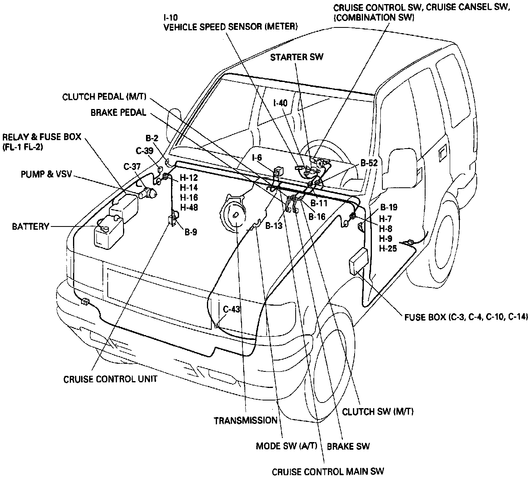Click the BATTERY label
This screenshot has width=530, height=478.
point(30,226)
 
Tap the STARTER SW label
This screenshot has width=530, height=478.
point(296,57)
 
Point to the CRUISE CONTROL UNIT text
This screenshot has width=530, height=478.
point(110,379)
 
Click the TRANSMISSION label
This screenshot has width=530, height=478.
point(245,420)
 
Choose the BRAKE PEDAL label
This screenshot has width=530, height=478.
point(118,113)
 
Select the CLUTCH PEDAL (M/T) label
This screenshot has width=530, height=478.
point(104,97)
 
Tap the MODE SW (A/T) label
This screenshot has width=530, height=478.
point(287,446)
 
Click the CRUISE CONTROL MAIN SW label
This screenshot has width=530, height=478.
point(328,472)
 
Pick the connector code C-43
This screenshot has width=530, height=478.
point(232,309)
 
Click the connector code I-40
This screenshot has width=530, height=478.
point(280,103)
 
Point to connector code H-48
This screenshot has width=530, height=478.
point(188,208)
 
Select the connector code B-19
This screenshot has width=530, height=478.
point(388,208)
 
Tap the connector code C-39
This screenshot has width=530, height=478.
point(144,151)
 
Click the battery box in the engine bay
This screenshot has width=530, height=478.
point(107,233)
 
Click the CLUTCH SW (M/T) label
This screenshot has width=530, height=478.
point(378,411)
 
